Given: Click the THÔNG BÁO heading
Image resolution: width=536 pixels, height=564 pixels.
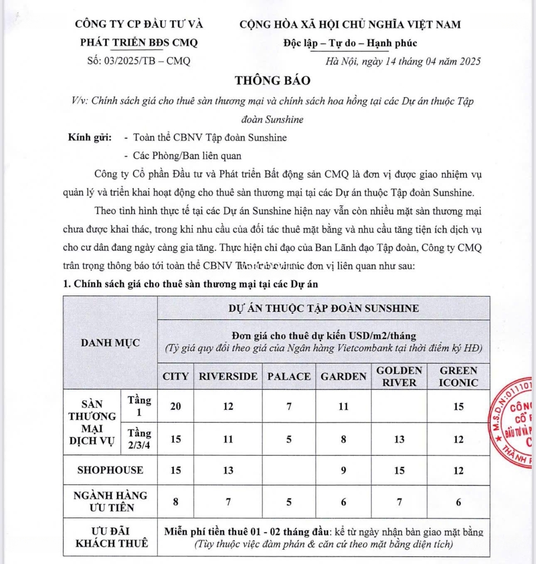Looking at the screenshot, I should pyautogui.click(x=272, y=80).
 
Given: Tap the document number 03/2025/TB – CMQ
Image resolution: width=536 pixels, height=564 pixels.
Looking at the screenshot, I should pyautogui.click(x=139, y=61).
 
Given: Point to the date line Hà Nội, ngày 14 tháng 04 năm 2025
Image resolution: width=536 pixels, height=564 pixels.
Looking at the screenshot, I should pyautogui.click(x=403, y=61).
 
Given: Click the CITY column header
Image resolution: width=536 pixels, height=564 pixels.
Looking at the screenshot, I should pyautogui.click(x=176, y=377).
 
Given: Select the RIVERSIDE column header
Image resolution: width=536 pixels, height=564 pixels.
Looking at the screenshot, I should pyautogui.click(x=228, y=377).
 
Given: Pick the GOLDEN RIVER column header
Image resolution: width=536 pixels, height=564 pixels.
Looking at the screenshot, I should pyautogui.click(x=399, y=376).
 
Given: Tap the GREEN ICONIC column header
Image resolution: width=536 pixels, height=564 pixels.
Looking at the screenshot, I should pyautogui.click(x=459, y=376).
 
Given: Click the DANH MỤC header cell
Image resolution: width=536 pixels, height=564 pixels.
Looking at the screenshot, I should pyautogui.click(x=110, y=343).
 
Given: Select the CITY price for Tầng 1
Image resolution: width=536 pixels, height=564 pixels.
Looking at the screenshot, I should pyautogui.click(x=176, y=406).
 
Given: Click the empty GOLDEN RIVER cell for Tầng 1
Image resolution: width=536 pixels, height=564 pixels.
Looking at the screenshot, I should pyautogui.click(x=399, y=406).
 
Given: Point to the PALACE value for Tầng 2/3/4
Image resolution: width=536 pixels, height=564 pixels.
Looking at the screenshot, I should pyautogui.click(x=289, y=439).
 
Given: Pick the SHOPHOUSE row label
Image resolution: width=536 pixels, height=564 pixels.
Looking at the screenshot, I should pyautogui.click(x=110, y=470).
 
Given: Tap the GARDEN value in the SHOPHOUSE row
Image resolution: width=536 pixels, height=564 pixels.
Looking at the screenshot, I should pyautogui.click(x=344, y=470).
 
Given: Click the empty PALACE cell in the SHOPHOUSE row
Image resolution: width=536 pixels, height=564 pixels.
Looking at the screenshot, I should pyautogui.click(x=289, y=470).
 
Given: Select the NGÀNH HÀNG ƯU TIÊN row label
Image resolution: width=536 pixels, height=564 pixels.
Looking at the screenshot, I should pyautogui.click(x=110, y=501).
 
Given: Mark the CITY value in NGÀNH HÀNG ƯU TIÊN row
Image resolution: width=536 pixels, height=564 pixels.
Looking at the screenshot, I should pyautogui.click(x=176, y=501).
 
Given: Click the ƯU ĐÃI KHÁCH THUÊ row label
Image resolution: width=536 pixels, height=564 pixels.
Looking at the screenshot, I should pyautogui.click(x=110, y=537).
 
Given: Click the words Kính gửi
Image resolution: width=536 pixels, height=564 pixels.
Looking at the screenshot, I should pyautogui.click(x=90, y=138).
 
